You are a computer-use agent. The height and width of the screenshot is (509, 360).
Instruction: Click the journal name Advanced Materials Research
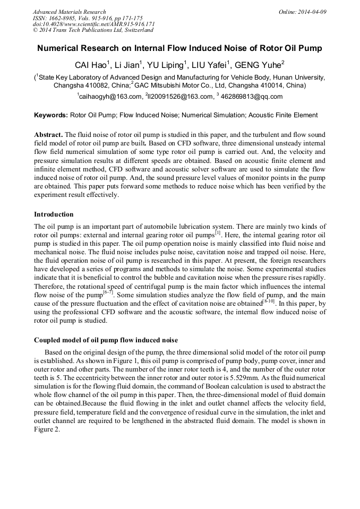tap(69, 12)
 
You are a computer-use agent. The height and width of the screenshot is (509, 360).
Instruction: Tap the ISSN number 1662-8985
tap(65, 18)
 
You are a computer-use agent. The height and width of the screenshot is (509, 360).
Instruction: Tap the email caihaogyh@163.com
tap(110, 97)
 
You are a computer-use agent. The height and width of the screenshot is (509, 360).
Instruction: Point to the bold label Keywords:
tap(51, 115)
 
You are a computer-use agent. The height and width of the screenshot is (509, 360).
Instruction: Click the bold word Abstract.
tap(48, 135)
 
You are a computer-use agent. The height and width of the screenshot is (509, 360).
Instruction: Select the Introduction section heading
tap(54, 214)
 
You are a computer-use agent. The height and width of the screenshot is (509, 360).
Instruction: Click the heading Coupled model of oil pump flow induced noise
tap(106, 340)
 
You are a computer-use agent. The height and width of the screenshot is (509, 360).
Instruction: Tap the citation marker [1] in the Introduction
tap(218, 232)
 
